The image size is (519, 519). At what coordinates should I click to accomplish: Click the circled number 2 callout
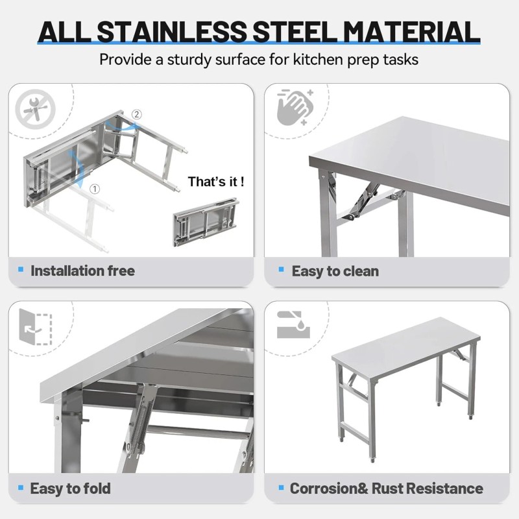coord(136,115)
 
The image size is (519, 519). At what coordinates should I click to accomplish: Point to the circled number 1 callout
coord(95,189)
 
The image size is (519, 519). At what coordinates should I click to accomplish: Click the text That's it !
coord(216,182)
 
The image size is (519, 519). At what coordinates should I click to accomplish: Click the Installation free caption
coord(82,271)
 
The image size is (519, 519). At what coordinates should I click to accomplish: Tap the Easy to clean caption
coord(335,271)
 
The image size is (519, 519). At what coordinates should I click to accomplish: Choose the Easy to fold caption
coord(70,489)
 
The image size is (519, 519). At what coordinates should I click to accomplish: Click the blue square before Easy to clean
coord(281,269)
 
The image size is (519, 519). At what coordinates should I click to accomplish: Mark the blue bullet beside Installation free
coord(21,269)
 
